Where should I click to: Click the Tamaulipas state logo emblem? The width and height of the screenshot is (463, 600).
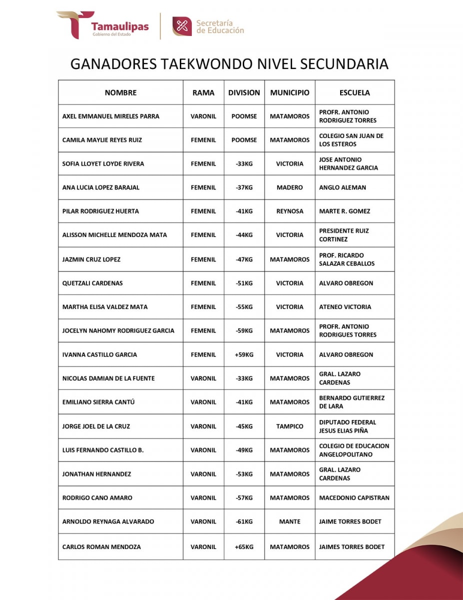coord(75,24)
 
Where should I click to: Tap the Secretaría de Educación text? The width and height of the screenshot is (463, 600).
coord(220,26)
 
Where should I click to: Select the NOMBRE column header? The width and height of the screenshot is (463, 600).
coord(120,92)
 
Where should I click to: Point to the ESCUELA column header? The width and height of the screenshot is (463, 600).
coord(355,92)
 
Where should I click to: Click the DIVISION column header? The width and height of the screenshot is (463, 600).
coord(244,92)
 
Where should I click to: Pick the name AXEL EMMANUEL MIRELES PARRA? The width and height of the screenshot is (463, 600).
coord(111,116)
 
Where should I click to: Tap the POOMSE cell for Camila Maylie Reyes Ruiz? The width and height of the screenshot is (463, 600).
coord(244,140)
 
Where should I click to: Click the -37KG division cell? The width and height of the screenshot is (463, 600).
coord(244,187)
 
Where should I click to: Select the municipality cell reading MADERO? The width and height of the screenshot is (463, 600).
coord(290,187)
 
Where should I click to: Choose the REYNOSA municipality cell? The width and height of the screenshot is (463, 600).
coord(290,211)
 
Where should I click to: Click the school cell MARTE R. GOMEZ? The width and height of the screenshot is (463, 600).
coord(345,211)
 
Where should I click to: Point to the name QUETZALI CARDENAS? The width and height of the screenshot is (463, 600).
coord(92,283)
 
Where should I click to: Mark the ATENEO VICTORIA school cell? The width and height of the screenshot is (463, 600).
coord(345,307)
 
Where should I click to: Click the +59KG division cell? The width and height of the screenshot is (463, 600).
coord(244,354)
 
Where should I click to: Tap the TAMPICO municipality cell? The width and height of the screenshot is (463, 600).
coord(290,426)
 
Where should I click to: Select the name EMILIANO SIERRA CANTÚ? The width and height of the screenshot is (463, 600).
coord(98,402)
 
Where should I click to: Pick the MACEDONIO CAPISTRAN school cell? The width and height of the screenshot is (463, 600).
coord(354,497)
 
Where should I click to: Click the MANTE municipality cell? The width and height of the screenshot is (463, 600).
coord(290,521)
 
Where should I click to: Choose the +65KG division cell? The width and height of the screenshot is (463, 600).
coord(244,546)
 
